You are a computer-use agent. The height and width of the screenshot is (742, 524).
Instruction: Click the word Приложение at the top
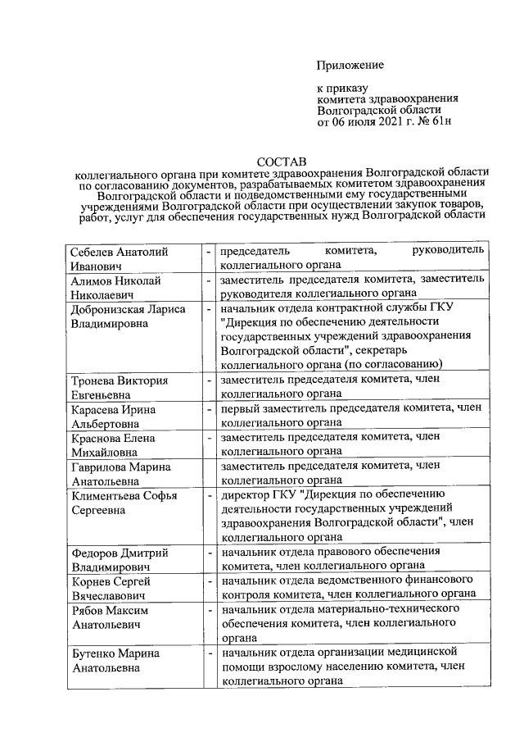point(350,64)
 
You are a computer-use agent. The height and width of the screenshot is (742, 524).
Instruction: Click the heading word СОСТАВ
point(280,162)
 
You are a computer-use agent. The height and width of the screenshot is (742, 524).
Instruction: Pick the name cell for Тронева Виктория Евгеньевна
point(119,388)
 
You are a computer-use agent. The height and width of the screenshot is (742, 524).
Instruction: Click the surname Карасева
point(97,409)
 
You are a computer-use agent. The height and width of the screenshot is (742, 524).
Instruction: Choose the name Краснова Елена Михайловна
point(119,445)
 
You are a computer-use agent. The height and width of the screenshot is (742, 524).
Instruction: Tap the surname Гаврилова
point(100,467)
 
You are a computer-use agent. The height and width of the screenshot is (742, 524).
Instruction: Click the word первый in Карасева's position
point(243,409)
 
